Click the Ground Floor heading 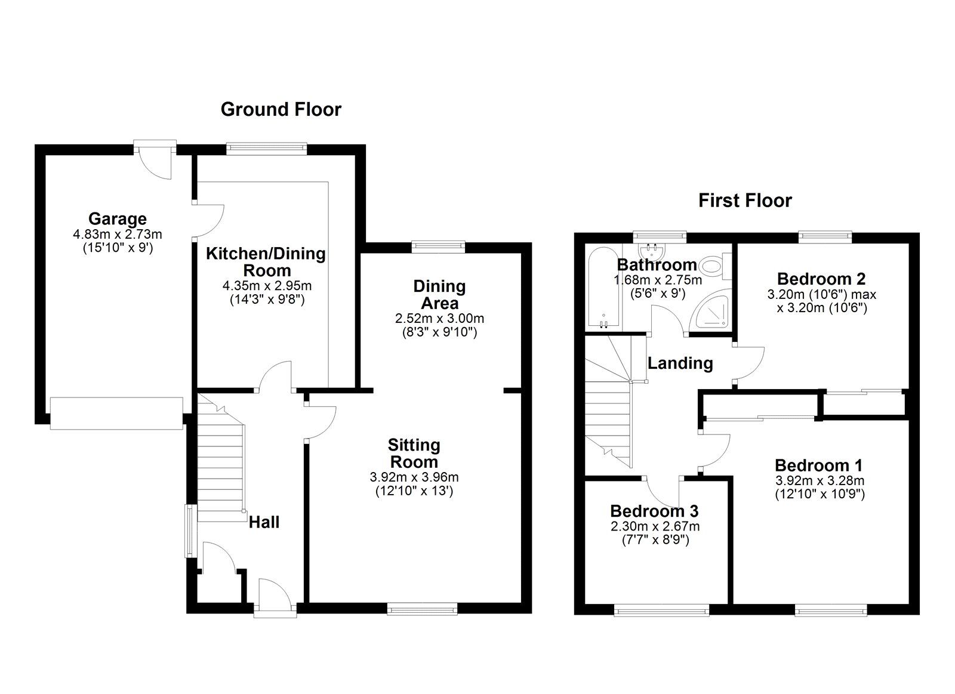click(281, 110)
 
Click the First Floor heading click(745, 201)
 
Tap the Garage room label click(118, 218)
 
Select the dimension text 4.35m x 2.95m click(267, 285)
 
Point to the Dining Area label click(439, 295)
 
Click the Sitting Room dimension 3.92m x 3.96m click(414, 477)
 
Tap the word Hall click(264, 522)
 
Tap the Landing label click(680, 363)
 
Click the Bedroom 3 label click(654, 511)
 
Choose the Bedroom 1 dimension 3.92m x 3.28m click(820, 480)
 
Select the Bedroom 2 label click(821, 279)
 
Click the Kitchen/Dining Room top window click(266, 149)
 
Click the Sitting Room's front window click(422, 609)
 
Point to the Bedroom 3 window click(662, 612)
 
